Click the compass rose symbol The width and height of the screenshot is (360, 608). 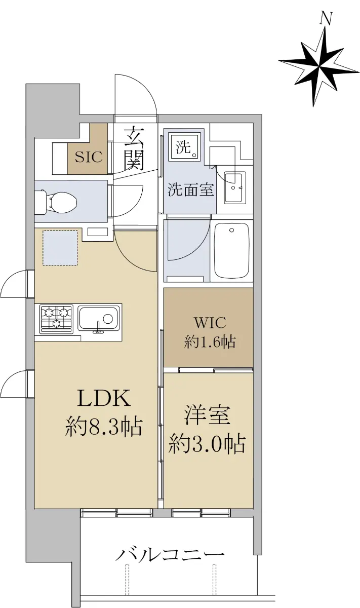click(x=319, y=66)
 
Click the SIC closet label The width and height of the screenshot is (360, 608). click(x=89, y=157)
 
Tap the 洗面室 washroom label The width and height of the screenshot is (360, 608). click(x=191, y=189)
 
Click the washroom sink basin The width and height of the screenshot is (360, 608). click(x=235, y=187)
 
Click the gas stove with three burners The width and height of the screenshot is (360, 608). click(x=56, y=319)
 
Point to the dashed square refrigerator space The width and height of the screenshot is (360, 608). click(x=60, y=248)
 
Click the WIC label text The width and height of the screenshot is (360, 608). click(x=210, y=322)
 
